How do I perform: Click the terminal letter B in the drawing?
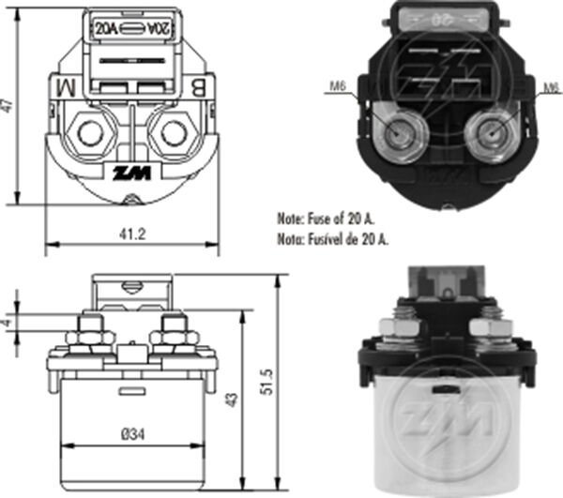pos(200,89)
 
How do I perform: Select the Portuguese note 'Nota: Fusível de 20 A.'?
pos(333,239)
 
